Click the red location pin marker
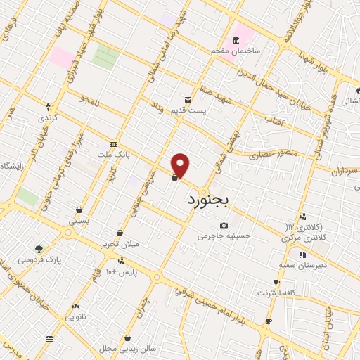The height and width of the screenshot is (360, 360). (181, 165)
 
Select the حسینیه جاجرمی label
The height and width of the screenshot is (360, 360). (224, 236)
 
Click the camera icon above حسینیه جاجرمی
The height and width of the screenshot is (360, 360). (224, 226)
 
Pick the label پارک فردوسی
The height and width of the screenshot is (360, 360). (39, 259)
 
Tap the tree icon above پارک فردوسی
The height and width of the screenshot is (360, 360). (39, 248)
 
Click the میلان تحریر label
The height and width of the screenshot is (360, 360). (120, 244)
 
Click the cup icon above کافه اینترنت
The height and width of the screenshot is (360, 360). (276, 282)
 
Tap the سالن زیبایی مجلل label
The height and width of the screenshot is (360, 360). (127, 349)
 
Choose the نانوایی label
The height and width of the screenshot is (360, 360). (75, 317)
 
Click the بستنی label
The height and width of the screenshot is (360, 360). (79, 221)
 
